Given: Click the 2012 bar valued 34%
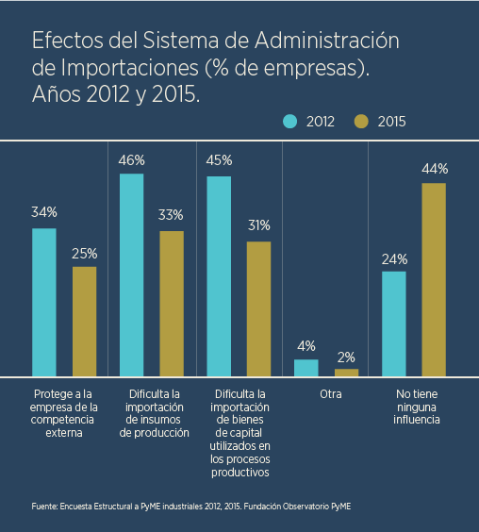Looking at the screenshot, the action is pyautogui.click(x=44, y=302).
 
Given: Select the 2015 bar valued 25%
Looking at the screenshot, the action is pyautogui.click(x=85, y=322).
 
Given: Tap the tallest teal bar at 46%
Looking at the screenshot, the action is pyautogui.click(x=132, y=274).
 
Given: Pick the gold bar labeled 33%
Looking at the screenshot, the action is pyautogui.click(x=172, y=304).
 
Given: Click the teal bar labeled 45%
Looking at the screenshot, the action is pyautogui.click(x=219, y=276).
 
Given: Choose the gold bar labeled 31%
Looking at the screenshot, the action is pyautogui.click(x=259, y=308).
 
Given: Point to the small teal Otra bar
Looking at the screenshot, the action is pyautogui.click(x=306, y=368).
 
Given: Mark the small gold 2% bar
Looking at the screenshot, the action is pyautogui.click(x=346, y=373).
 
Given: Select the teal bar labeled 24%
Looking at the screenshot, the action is pyautogui.click(x=394, y=324).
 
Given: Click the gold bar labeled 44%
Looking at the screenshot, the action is pyautogui.click(x=434, y=279).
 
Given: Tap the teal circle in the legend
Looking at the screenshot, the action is pyautogui.click(x=290, y=122).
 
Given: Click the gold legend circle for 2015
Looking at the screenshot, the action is pyautogui.click(x=361, y=122).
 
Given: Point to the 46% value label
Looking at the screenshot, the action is pyautogui.click(x=132, y=160).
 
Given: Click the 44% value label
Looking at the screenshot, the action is pyautogui.click(x=435, y=169).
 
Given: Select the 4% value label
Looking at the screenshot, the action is pyautogui.click(x=306, y=346).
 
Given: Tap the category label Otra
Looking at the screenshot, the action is pyautogui.click(x=331, y=394).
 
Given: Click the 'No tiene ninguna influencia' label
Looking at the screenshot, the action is pyautogui.click(x=417, y=407).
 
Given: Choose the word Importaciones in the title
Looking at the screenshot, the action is pyautogui.click(x=130, y=68).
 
